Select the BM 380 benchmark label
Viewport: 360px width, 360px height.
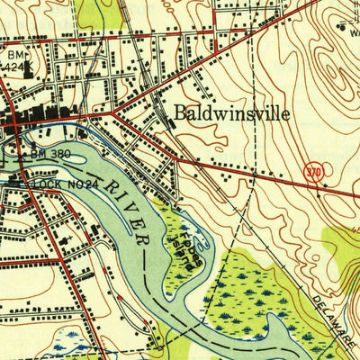pos(49,154)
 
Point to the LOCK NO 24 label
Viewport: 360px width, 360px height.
pos(59,184)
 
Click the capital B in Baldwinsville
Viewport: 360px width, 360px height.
pos(180,113)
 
